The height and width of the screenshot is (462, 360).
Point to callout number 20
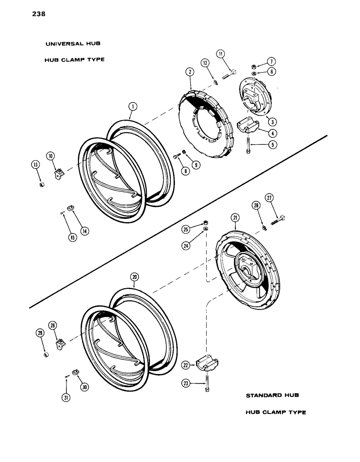point(134,277)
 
